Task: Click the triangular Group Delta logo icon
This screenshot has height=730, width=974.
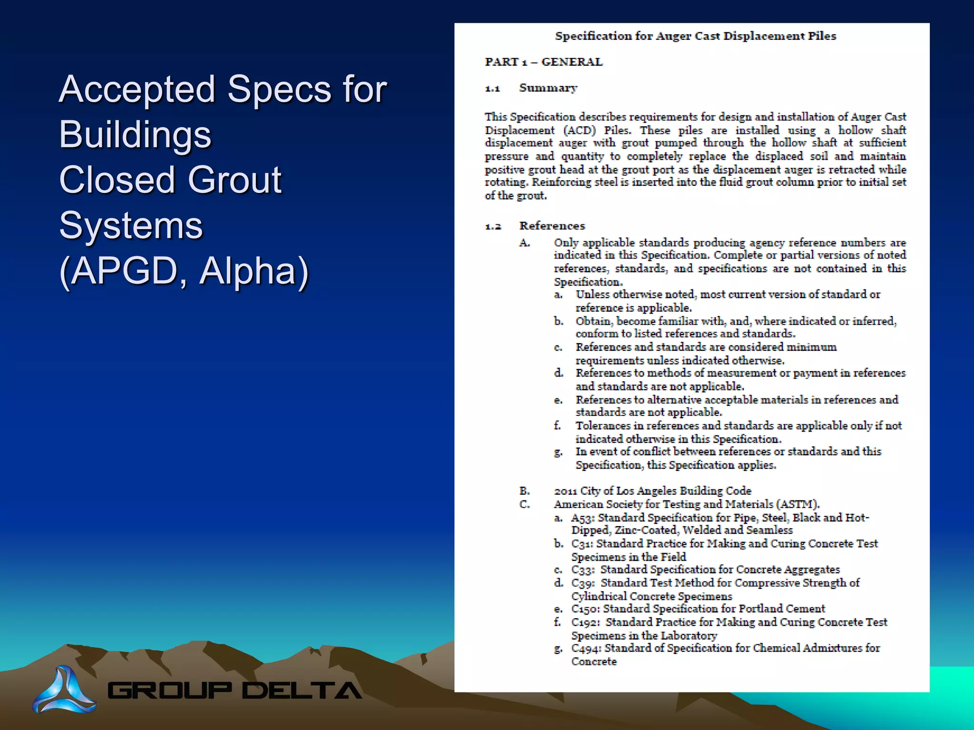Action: coord(64,690)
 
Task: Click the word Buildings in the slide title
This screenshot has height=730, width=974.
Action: coord(135,134)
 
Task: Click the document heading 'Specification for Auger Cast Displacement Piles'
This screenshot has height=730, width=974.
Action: coord(695,36)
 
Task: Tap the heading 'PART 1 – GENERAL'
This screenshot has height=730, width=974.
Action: coord(544,62)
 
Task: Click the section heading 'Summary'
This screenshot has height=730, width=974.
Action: coord(548,88)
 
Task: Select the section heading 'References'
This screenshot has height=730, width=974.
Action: coord(552,226)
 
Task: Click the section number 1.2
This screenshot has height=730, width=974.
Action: coord(493,226)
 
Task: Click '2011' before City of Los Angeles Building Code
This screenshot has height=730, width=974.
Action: coord(565,491)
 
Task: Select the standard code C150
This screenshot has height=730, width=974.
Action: coord(584,609)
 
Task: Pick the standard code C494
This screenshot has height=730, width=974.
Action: coord(585,648)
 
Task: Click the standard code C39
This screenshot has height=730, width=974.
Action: coord(582,583)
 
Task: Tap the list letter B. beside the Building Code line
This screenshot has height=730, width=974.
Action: coord(525,491)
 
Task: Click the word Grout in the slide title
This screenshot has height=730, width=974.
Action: coord(234,180)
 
